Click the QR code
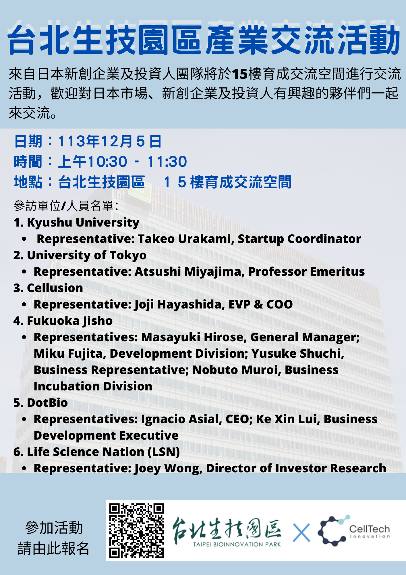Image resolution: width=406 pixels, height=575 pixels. coord(136,530)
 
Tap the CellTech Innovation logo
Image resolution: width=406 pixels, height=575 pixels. coord(354,531)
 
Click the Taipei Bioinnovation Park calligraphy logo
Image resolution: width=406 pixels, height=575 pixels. coord(227,532)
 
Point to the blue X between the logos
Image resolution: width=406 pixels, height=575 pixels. coord(301,533)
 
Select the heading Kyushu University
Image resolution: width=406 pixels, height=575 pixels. coord(83,223)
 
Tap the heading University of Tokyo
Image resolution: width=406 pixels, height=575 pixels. coord(87,256)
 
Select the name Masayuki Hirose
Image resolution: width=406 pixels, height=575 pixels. coord(192,337)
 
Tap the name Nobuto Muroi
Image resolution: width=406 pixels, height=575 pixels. coord(236,370)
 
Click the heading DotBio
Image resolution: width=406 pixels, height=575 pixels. coord(47,403)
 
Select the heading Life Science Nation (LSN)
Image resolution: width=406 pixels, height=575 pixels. coord(103,452)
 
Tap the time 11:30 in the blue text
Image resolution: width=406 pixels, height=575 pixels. coord(167,162)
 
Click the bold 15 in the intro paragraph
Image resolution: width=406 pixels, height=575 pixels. coord(240,74)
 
